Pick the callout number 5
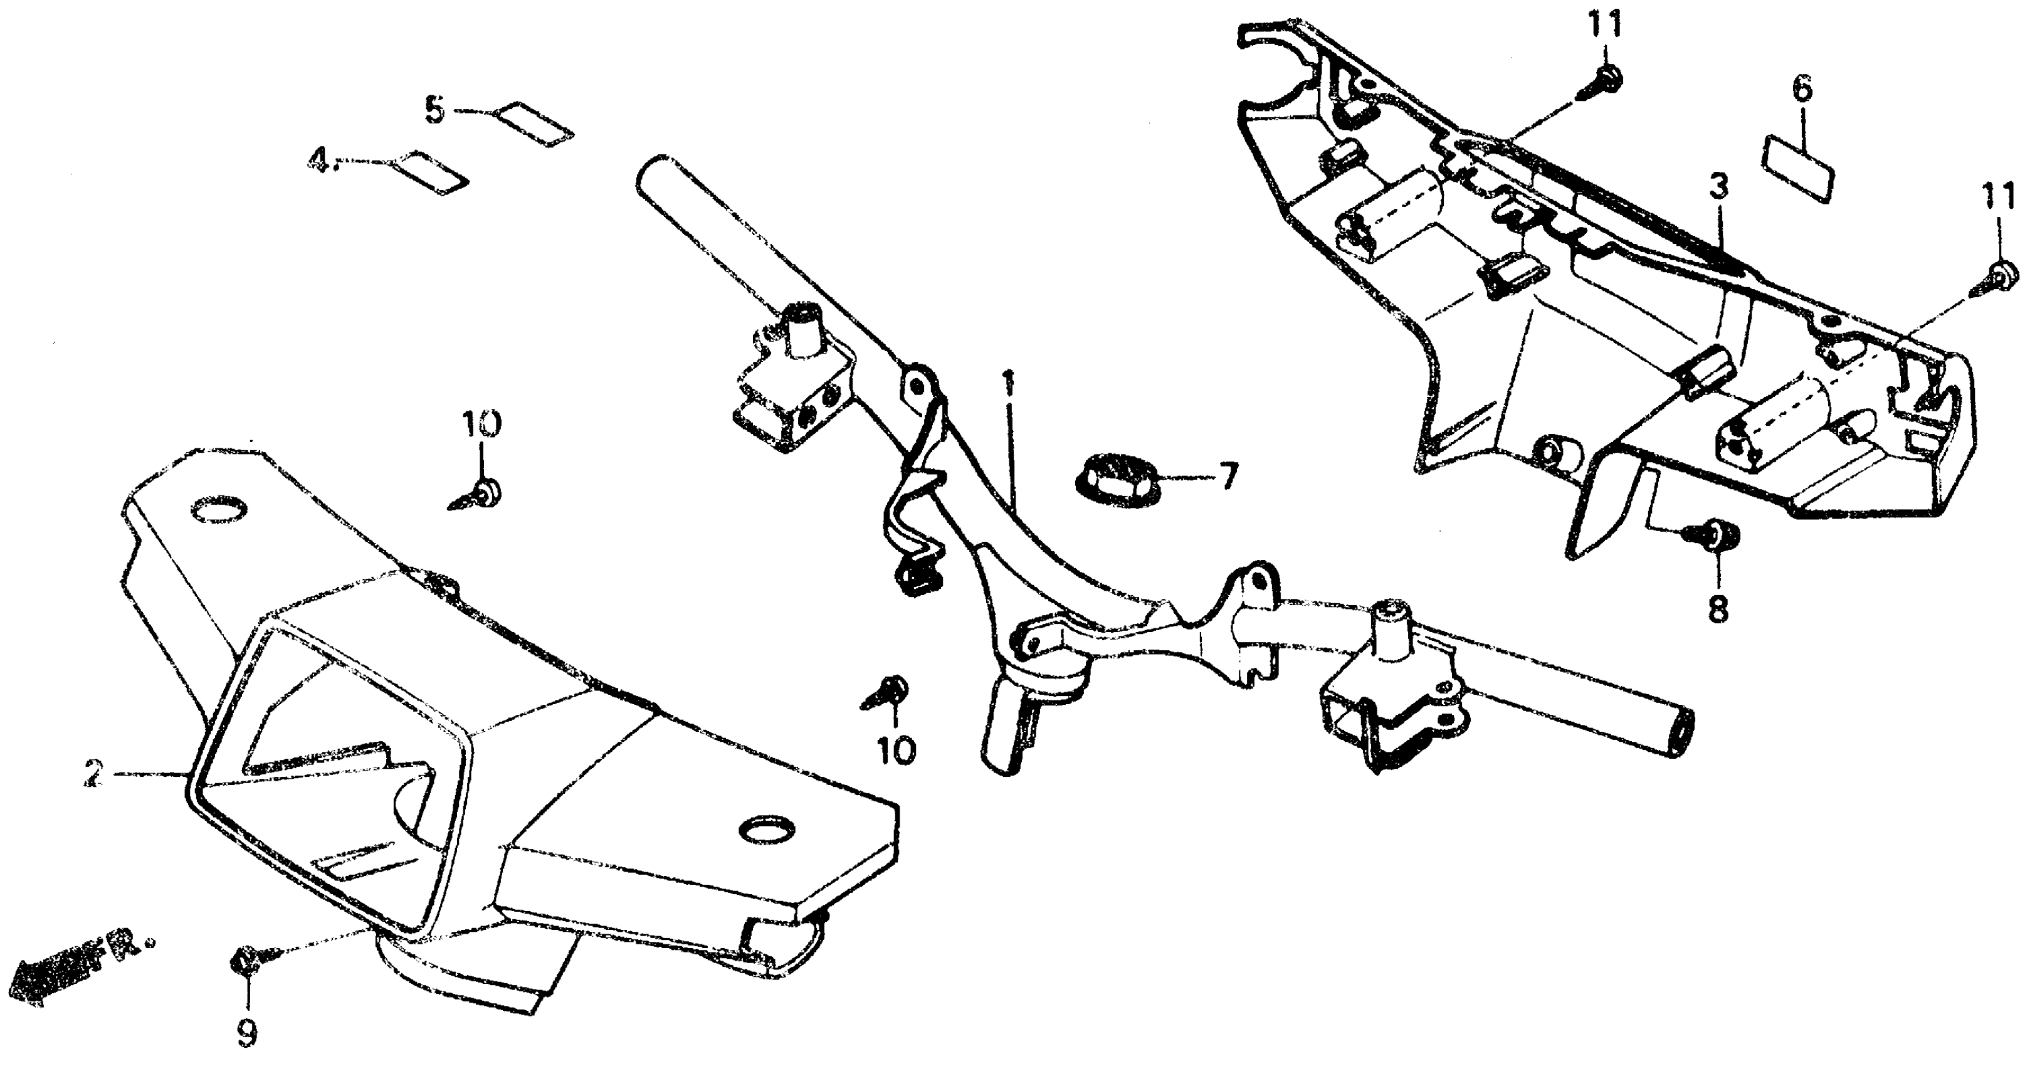(x=435, y=110)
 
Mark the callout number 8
(x=1718, y=608)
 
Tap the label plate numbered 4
(x=431, y=173)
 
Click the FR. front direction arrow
(x=71, y=973)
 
